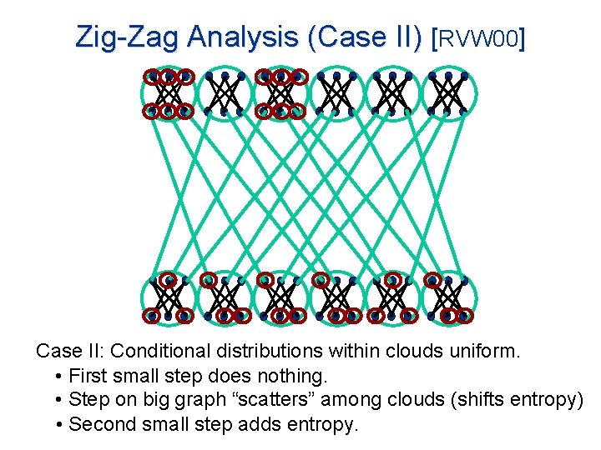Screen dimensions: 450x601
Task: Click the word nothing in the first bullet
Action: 289,376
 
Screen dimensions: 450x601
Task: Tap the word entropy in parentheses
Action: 539,400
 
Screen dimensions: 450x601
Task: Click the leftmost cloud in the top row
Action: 168,92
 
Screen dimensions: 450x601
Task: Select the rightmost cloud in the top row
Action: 447,92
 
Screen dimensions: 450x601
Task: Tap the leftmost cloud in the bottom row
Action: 168,298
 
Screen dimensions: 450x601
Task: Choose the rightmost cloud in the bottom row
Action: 447,298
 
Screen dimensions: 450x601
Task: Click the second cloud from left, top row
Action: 224,92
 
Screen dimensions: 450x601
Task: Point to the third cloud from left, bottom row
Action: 280,298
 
